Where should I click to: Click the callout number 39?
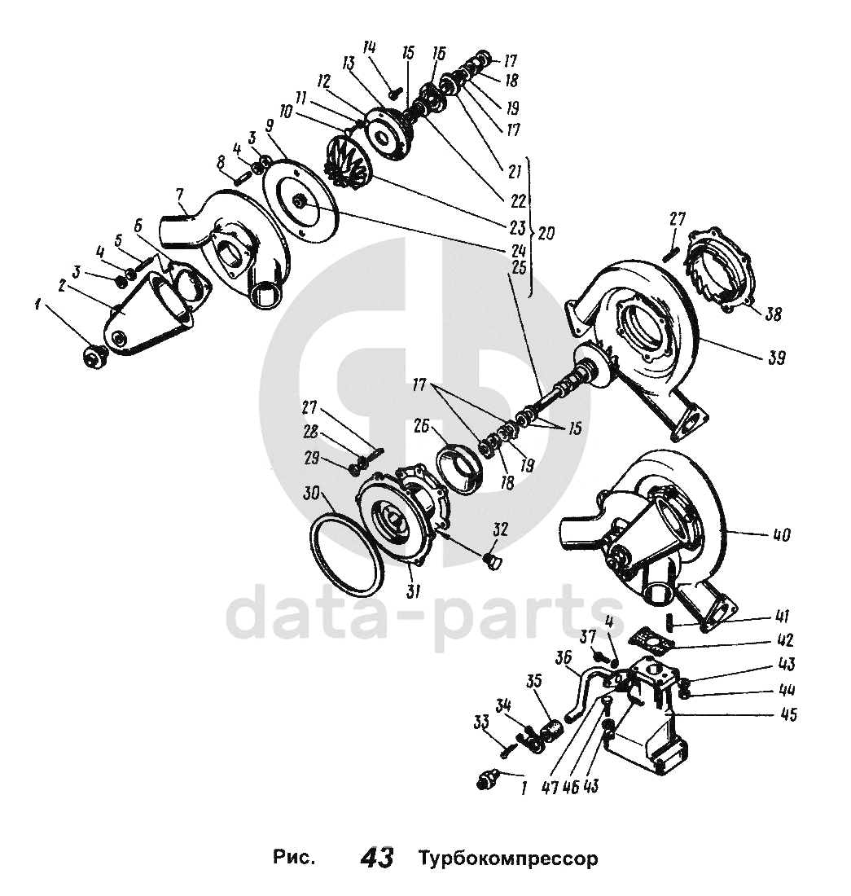click(776, 357)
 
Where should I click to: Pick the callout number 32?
click(499, 529)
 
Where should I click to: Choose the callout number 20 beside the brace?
click(546, 233)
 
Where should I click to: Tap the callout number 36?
click(561, 657)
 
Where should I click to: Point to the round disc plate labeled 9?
click(302, 199)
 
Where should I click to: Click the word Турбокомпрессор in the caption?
click(509, 859)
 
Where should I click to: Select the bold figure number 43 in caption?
click(376, 859)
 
